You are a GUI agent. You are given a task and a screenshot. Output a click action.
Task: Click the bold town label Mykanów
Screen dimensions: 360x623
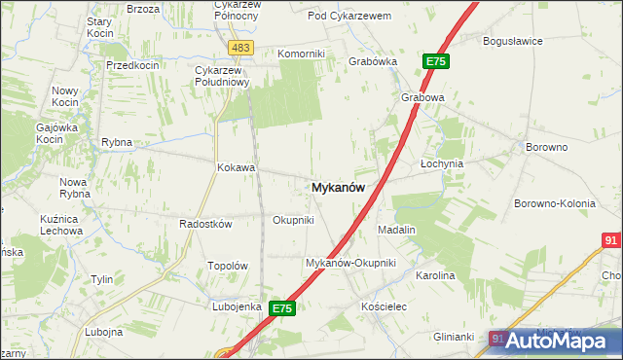click(x=339, y=189)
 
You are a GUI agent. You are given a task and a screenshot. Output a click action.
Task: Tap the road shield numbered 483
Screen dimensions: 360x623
click(x=241, y=47)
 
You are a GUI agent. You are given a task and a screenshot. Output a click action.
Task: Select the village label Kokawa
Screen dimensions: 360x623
click(x=236, y=167)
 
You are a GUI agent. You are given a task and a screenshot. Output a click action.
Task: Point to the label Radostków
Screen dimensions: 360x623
click(x=205, y=223)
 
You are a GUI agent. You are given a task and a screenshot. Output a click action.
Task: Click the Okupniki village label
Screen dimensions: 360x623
click(x=293, y=220)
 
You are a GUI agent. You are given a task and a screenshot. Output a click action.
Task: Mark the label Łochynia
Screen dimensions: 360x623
click(x=441, y=163)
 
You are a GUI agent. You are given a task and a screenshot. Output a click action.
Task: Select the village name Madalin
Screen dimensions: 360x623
click(x=396, y=230)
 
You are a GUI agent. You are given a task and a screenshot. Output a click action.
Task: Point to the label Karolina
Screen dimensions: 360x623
click(x=435, y=275)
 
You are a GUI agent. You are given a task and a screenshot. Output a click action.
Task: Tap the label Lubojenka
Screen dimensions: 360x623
click(x=238, y=306)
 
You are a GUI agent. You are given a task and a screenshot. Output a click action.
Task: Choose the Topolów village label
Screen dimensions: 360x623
click(x=229, y=266)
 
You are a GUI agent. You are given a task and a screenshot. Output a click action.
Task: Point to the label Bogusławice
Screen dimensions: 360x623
click(x=513, y=41)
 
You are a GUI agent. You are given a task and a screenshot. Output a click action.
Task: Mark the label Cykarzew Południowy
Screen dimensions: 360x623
click(x=224, y=76)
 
